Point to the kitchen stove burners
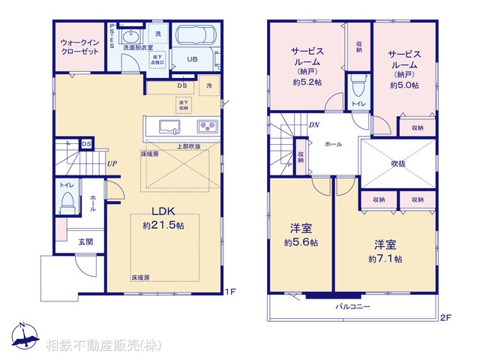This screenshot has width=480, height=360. pyautogui.click(x=206, y=125)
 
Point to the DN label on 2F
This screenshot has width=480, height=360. pyautogui.click(x=313, y=125)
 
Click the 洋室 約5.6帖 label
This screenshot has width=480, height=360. pyautogui.click(x=300, y=236)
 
